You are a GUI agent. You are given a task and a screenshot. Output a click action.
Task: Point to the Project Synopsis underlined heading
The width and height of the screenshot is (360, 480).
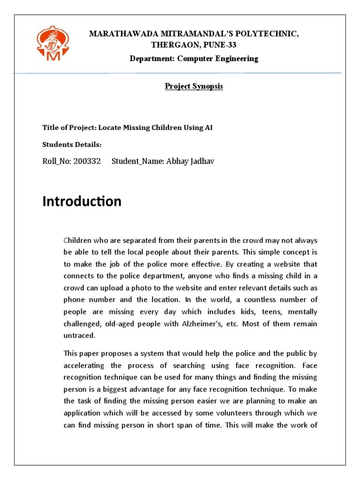click(187, 87)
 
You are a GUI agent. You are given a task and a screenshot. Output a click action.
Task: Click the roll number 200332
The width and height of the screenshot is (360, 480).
click(87, 161)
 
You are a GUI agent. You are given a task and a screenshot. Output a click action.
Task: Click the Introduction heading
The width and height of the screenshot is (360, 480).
click(82, 202)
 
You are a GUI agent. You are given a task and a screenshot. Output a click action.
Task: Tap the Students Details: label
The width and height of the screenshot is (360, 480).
click(72, 145)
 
